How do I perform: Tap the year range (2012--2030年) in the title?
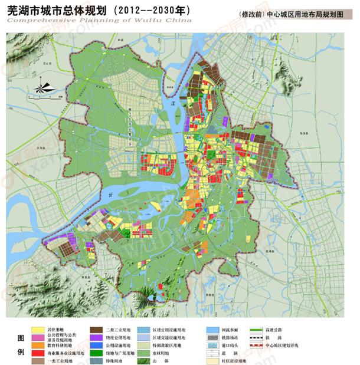tap(159, 10)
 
